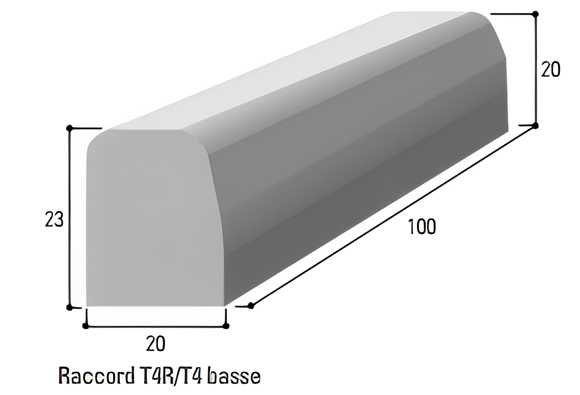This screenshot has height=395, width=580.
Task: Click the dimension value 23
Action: tap(54, 220)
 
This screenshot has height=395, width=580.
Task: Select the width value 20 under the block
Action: tap(156, 344)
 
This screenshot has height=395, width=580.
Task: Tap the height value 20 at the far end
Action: tap(550, 69)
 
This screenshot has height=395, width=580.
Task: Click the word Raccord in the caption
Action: tap(94, 376)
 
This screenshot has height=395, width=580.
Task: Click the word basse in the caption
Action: tap(234, 376)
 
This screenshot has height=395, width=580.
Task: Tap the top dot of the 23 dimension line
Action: tap(69, 128)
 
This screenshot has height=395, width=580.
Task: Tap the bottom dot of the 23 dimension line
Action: tap(69, 307)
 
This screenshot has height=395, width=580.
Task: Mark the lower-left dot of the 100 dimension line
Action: tap(250, 305)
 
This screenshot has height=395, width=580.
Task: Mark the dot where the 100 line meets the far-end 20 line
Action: tap(536, 125)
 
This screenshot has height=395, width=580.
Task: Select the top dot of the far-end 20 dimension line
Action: tap(536, 14)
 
